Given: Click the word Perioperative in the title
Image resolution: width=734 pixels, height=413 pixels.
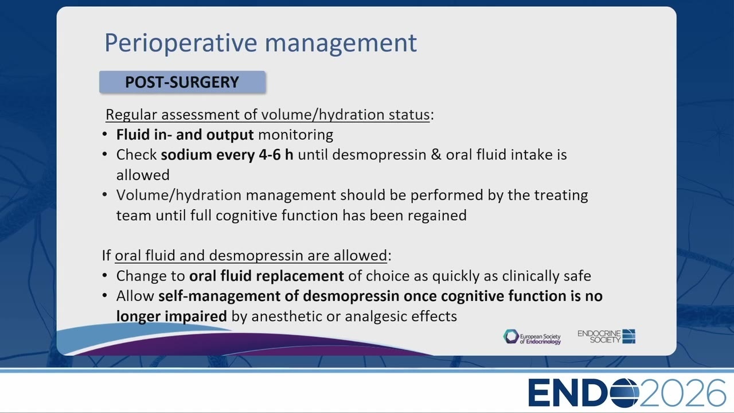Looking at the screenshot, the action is [181, 43].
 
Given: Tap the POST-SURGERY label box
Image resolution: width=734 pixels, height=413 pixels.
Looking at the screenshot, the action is [182, 82].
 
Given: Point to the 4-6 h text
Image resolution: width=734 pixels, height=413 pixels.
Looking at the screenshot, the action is [276, 155].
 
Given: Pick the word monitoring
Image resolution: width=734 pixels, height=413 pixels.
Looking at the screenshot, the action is [295, 135].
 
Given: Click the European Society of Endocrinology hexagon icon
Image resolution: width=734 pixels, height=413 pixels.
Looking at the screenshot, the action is [511, 337].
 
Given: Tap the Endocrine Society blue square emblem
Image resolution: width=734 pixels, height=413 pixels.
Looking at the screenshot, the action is [629, 336].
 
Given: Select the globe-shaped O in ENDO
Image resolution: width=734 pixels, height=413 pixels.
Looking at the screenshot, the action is [624, 393].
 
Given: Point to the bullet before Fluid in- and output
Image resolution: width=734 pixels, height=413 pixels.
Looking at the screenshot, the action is [105, 134].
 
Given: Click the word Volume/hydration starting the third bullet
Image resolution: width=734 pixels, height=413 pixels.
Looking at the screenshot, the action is [179, 196].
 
